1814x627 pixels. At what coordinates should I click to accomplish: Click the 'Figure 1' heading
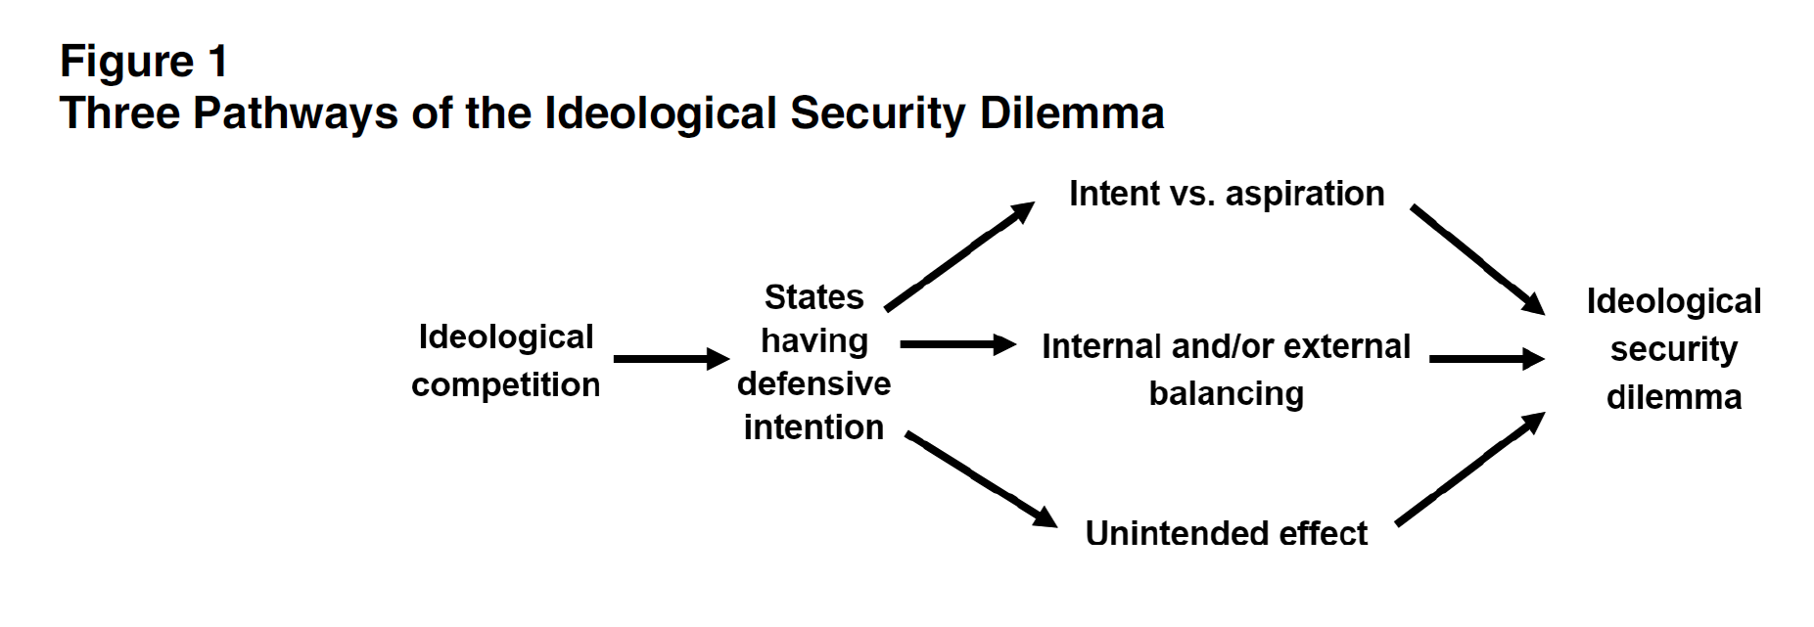pos(144,62)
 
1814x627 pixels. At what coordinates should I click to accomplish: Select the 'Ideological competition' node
pos(505,360)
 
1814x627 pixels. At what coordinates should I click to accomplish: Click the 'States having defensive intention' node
pos(814,362)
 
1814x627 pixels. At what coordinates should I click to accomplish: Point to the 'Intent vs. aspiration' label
pos(1226,194)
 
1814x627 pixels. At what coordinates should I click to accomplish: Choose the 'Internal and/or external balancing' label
pos(1226,370)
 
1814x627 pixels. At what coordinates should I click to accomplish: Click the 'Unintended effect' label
pos(1226,533)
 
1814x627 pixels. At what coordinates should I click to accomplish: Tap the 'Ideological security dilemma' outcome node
pos(1673,349)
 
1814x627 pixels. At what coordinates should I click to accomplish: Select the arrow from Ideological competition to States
pos(671,359)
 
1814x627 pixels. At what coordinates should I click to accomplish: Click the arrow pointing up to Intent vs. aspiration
pos(959,256)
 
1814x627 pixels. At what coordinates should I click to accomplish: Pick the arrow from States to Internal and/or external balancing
pos(957,344)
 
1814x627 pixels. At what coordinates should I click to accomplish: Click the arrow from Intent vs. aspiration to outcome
pos(1477,260)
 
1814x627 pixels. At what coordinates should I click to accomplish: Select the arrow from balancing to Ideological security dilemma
pos(1486,359)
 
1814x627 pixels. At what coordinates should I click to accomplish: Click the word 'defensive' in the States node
pos(814,383)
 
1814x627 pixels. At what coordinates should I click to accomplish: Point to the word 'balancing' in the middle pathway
pos(1226,393)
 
